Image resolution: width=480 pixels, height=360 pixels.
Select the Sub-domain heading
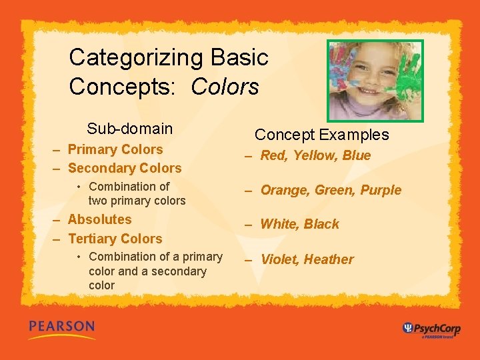[129, 129]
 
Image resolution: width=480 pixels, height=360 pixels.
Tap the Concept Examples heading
[321, 135]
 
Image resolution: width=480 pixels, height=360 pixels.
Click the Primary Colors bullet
[115, 149]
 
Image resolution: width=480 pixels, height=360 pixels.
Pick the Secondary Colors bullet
[125, 168]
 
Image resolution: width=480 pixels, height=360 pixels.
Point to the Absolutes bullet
[99, 219]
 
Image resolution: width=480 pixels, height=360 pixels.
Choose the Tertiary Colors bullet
[115, 239]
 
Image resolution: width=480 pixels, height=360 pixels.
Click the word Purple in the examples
[381, 190]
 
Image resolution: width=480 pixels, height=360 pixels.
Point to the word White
[280, 224]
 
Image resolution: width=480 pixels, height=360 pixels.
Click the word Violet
[279, 259]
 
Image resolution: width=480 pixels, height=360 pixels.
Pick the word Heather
[329, 259]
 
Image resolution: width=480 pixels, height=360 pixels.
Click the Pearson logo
[62, 327]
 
